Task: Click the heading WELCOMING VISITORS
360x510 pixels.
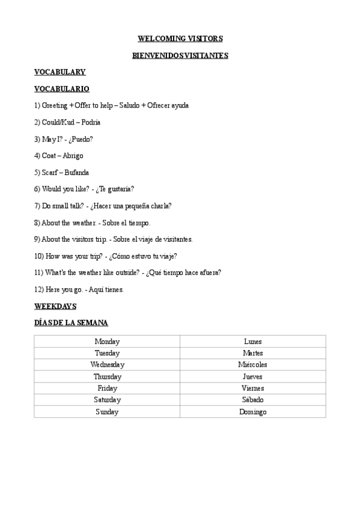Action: pyautogui.click(x=180, y=38)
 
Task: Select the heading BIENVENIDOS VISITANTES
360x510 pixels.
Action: pyautogui.click(x=180, y=55)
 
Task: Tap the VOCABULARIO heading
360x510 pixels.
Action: pyautogui.click(x=62, y=88)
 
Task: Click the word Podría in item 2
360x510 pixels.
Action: pyautogui.click(x=91, y=122)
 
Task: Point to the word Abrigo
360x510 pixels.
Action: pyautogui.click(x=73, y=156)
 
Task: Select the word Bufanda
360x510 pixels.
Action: pyautogui.click(x=76, y=173)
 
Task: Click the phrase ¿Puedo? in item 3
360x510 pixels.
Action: pyautogui.click(x=81, y=139)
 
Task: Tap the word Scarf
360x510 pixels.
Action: pyautogui.click(x=50, y=173)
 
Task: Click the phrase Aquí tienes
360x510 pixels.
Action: pyautogui.click(x=105, y=289)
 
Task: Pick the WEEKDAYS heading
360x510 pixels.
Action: pyautogui.click(x=55, y=306)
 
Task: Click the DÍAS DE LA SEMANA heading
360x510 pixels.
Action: pyautogui.click(x=71, y=323)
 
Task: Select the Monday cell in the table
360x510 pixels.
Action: pyautogui.click(x=107, y=341)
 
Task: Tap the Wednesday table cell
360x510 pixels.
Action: pyautogui.click(x=107, y=364)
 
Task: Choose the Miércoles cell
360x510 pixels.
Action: pyautogui.click(x=252, y=364)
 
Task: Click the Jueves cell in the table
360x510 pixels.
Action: pyautogui.click(x=252, y=376)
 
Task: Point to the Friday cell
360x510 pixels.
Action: pyautogui.click(x=107, y=388)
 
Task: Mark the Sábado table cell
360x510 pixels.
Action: pyautogui.click(x=252, y=400)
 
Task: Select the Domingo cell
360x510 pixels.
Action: pyautogui.click(x=252, y=412)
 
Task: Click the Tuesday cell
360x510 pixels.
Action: pyautogui.click(x=107, y=353)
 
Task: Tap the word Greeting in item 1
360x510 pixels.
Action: pyautogui.click(x=55, y=105)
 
